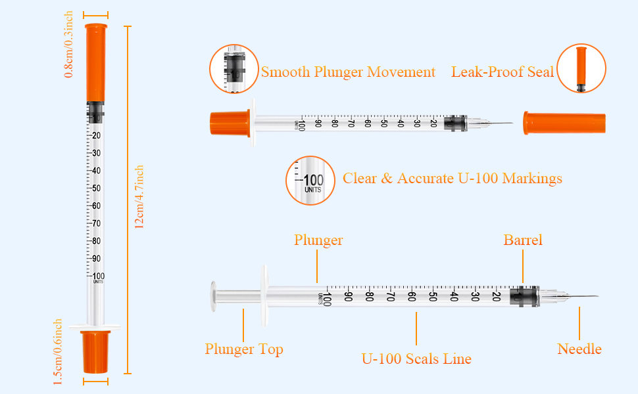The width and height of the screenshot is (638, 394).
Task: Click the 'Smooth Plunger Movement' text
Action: click(x=348, y=72)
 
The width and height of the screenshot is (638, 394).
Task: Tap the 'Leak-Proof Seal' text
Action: click(x=502, y=72)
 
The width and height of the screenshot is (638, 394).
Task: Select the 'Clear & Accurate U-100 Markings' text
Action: click(x=452, y=179)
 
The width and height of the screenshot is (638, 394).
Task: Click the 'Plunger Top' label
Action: click(x=244, y=349)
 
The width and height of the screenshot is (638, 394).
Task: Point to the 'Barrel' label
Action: click(x=523, y=240)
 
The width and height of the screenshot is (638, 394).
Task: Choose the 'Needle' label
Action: click(x=579, y=349)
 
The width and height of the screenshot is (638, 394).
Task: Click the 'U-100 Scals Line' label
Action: click(x=416, y=359)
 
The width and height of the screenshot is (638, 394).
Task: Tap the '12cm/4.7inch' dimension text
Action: click(x=139, y=197)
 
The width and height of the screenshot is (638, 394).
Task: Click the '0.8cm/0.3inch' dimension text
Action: click(x=68, y=44)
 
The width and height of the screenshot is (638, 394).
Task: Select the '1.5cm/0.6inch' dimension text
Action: click(x=57, y=352)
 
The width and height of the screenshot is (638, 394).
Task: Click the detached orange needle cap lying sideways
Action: click(x=564, y=123)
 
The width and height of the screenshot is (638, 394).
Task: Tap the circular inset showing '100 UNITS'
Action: click(x=310, y=181)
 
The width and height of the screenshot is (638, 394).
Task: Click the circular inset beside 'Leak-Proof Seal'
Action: click(x=581, y=68)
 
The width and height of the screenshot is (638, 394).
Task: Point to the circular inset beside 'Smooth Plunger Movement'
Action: click(x=234, y=69)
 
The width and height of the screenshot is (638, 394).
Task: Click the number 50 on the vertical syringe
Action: click(x=96, y=188)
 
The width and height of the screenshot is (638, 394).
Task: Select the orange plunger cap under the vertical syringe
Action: click(x=95, y=352)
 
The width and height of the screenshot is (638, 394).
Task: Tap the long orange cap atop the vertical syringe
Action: click(x=96, y=62)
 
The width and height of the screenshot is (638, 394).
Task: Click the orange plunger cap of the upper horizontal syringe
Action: click(x=230, y=123)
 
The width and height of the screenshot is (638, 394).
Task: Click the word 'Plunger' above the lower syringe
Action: click(x=318, y=240)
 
